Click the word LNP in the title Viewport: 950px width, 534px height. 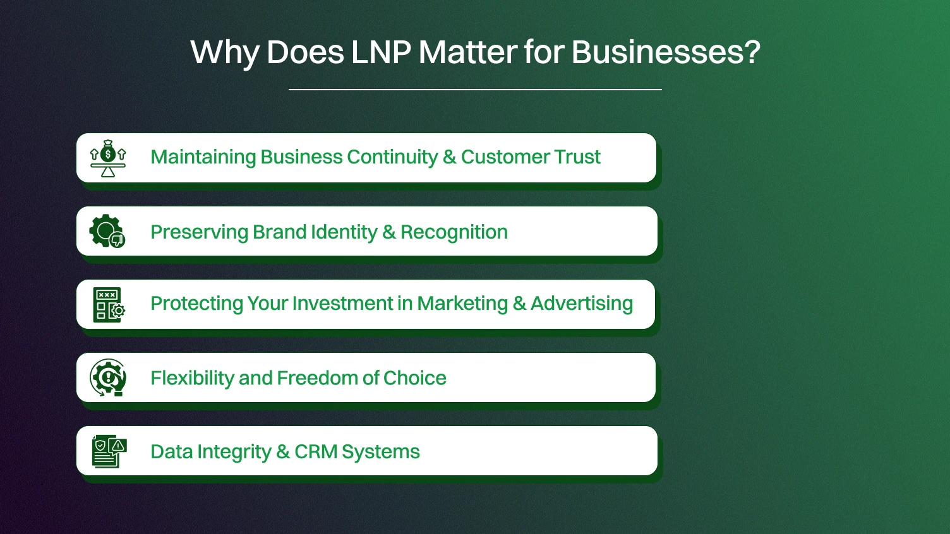click(x=381, y=52)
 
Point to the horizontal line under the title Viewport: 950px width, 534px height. click(x=475, y=90)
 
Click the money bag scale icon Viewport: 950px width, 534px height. click(x=108, y=158)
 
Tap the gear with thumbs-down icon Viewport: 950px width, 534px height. click(x=107, y=231)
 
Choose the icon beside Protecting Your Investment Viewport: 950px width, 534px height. click(x=109, y=305)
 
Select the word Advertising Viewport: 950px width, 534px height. click(x=581, y=304)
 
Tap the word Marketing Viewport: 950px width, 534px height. click(x=462, y=304)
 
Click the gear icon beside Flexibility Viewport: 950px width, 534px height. click(x=108, y=378)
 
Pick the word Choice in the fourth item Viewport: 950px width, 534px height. click(x=414, y=378)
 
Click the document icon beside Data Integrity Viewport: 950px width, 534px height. click(x=109, y=451)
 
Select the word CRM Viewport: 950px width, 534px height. click(x=315, y=452)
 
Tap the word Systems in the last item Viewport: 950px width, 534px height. click(x=380, y=452)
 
